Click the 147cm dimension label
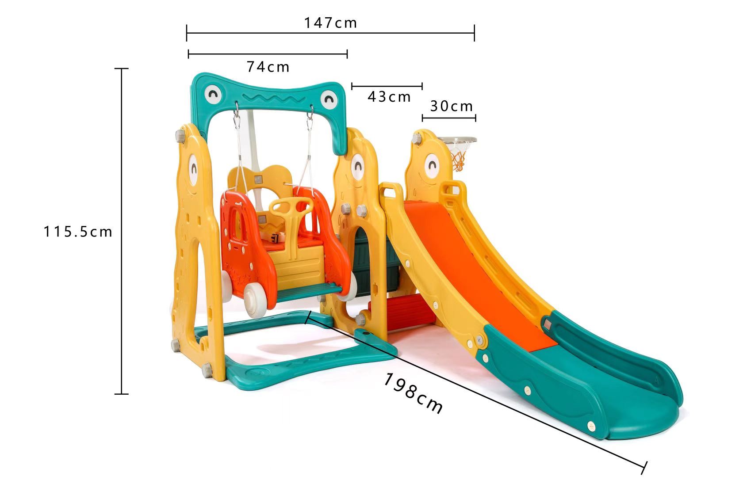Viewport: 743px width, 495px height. (x=330, y=23)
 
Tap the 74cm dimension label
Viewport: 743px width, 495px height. (x=268, y=67)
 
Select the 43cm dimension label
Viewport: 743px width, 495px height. (x=389, y=96)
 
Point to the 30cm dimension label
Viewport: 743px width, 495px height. (x=452, y=106)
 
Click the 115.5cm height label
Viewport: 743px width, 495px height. (x=78, y=232)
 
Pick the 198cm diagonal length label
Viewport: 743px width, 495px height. (x=412, y=393)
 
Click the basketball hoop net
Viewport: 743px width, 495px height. (x=459, y=159)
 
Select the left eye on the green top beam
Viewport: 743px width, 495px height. (x=213, y=94)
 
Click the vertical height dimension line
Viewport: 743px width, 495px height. (x=121, y=230)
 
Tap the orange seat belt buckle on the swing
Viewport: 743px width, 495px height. (x=277, y=239)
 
